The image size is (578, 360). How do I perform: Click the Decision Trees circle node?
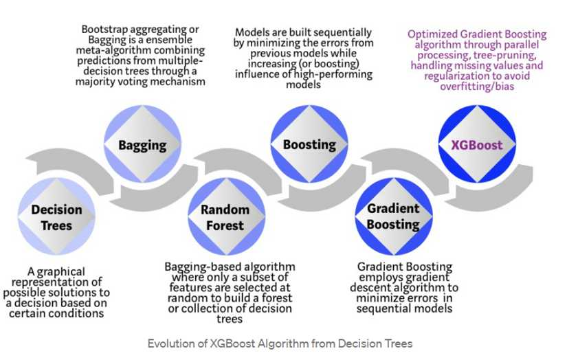56,216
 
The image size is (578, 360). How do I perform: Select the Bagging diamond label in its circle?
142,145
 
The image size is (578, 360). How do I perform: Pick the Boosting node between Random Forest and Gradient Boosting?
309,145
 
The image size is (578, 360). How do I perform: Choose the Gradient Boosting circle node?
392,216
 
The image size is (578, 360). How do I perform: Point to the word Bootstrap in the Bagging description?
105,30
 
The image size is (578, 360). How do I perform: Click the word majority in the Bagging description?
102,82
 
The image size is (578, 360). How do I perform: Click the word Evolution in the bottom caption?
171,344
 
